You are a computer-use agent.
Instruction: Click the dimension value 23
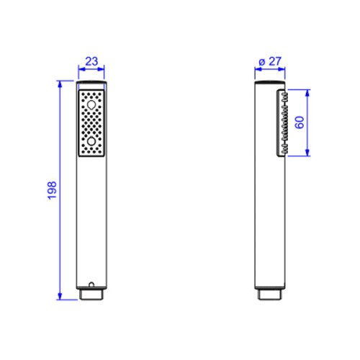(91, 61)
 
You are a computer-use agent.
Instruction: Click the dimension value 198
(52, 190)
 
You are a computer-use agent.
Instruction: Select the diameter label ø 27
(270, 61)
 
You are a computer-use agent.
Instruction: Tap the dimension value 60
(300, 122)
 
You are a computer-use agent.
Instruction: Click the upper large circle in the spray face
(91, 105)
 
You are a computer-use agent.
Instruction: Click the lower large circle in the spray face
(91, 141)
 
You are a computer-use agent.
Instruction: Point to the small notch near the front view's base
(91, 284)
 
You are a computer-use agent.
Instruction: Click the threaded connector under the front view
(91, 294)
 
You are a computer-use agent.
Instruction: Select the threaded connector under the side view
(270, 294)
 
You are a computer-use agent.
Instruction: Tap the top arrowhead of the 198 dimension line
(60, 85)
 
